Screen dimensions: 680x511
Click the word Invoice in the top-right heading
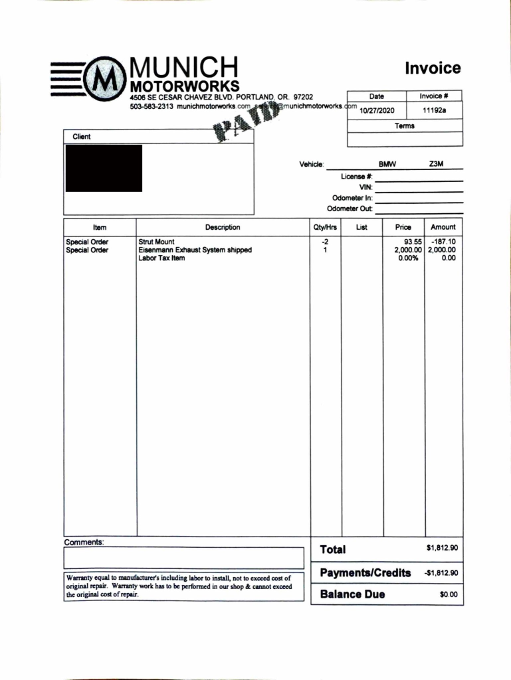coord(433,68)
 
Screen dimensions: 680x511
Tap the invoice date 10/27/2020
coord(377,111)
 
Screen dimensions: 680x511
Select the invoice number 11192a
coord(435,111)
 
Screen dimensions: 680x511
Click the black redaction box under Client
coord(104,168)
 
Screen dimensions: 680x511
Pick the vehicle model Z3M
coord(436,164)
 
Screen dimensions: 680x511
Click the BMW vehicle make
coord(387,164)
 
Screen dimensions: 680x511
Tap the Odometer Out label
coord(350,209)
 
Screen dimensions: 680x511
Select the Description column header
coord(223,228)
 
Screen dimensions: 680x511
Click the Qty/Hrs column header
coord(326,228)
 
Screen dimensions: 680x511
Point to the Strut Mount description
coord(156,242)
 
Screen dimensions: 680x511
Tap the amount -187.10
coord(443,242)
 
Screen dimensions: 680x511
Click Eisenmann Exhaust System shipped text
coord(195,250)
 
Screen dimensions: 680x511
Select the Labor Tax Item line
coord(161,258)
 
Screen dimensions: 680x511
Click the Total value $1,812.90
coord(442,549)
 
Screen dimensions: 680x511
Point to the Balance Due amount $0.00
coord(449,594)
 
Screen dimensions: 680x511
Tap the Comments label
coord(84,543)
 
